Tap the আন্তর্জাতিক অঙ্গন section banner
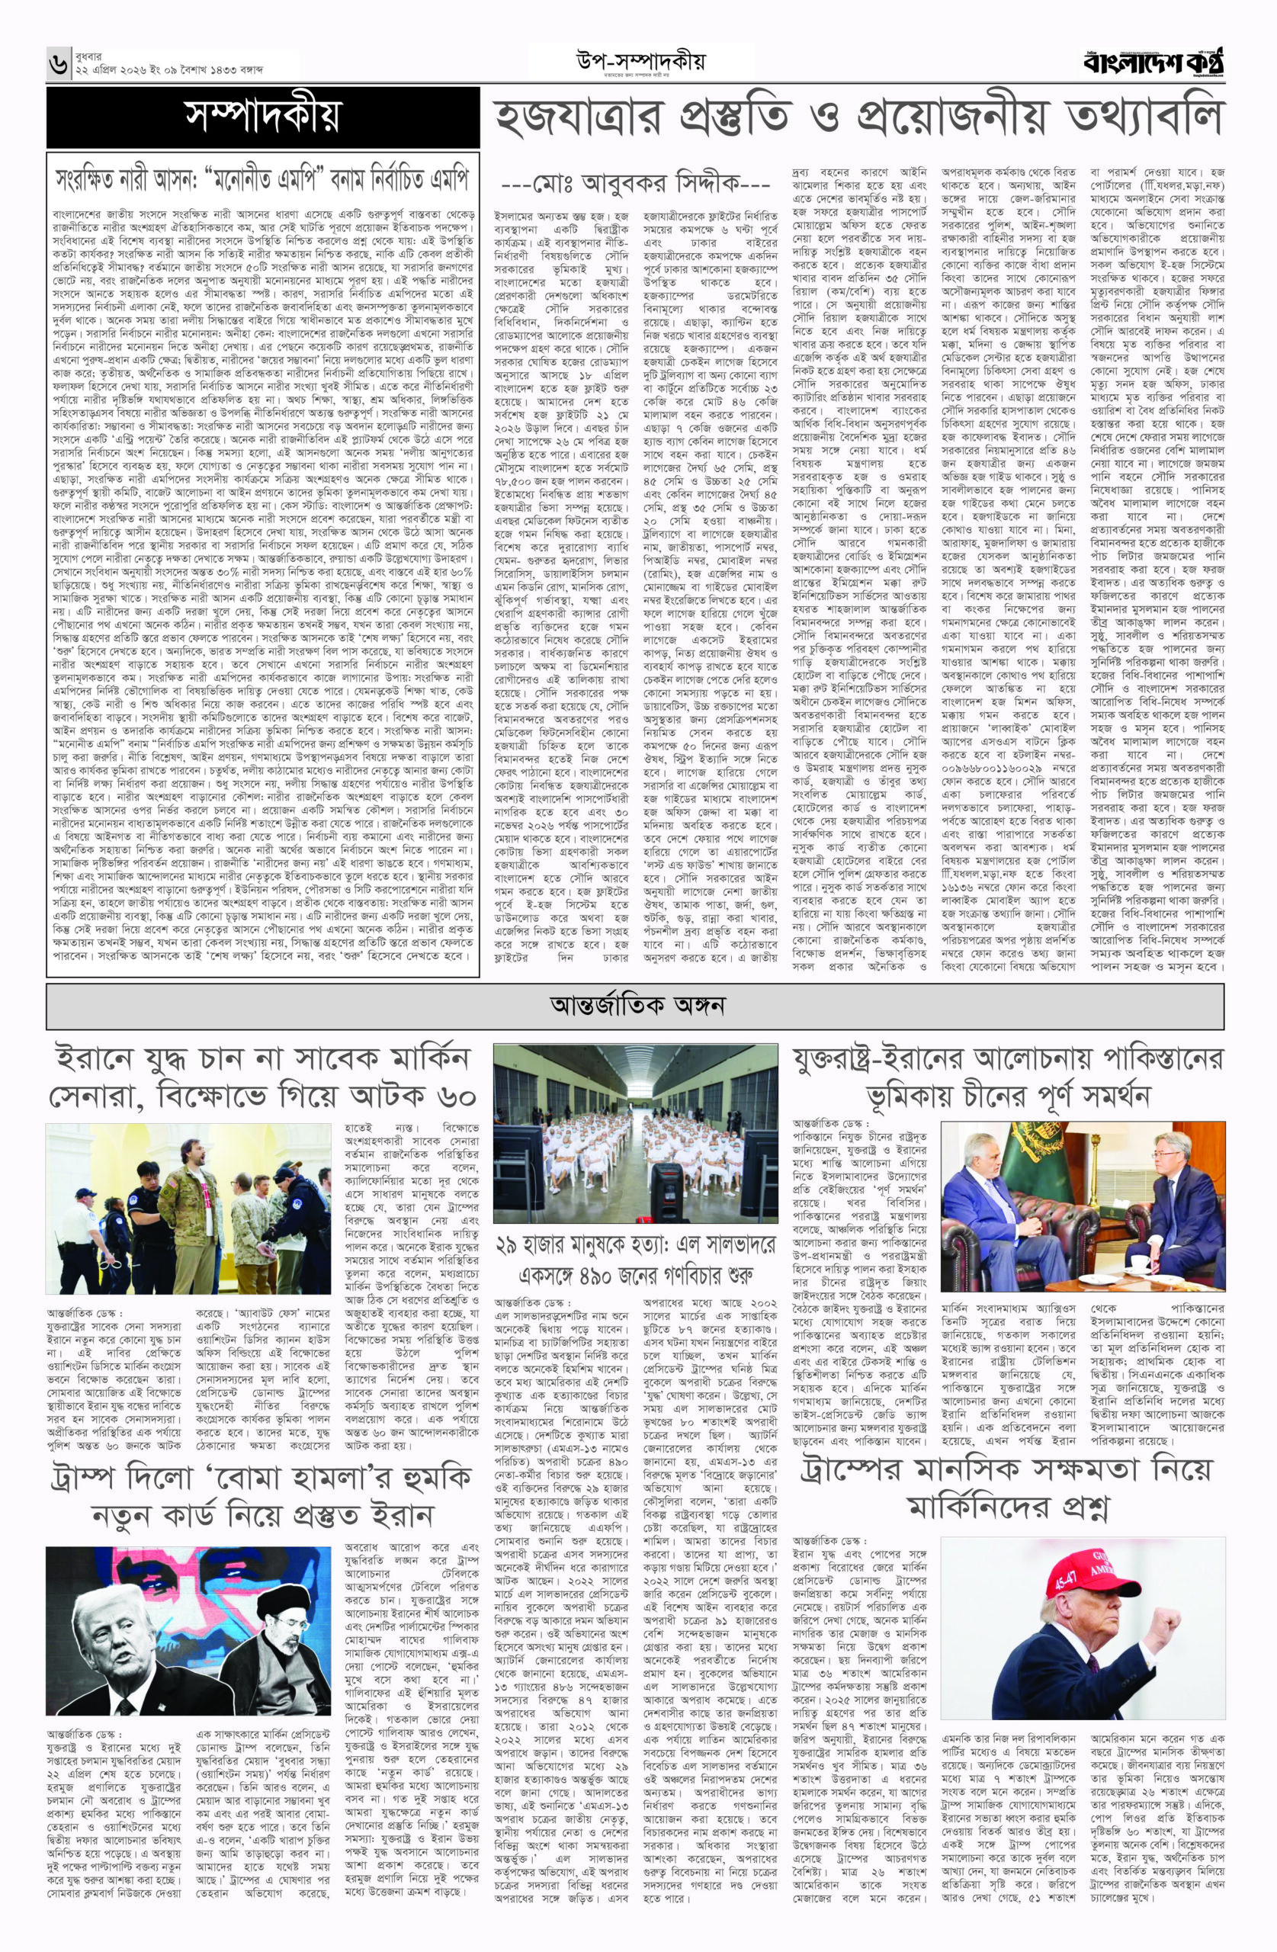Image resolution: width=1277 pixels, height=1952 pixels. [638, 1004]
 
